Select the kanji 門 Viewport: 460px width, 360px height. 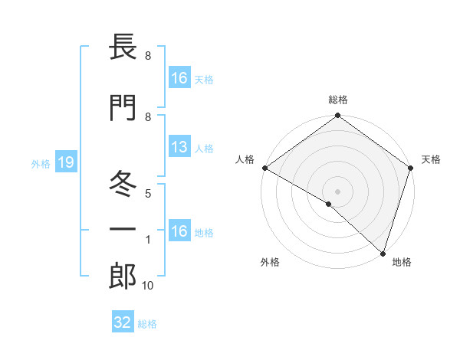123,109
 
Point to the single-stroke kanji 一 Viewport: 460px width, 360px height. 123,229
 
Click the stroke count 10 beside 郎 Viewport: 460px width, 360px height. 148,286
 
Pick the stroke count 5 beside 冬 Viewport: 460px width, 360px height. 147,193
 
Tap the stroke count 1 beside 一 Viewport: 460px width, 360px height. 147,241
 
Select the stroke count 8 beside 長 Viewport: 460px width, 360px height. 147,56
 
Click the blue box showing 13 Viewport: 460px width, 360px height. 179,148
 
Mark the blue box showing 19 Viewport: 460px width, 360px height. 65,163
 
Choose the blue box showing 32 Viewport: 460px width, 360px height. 123,322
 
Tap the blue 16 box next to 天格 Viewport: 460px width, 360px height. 179,77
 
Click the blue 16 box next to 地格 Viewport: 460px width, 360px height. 179,231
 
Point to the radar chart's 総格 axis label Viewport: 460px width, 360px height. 338,100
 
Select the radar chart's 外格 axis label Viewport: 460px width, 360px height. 270,262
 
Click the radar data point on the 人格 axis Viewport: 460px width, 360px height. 264,168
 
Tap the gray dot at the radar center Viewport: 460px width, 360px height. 337,190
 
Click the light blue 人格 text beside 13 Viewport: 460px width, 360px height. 203,149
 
